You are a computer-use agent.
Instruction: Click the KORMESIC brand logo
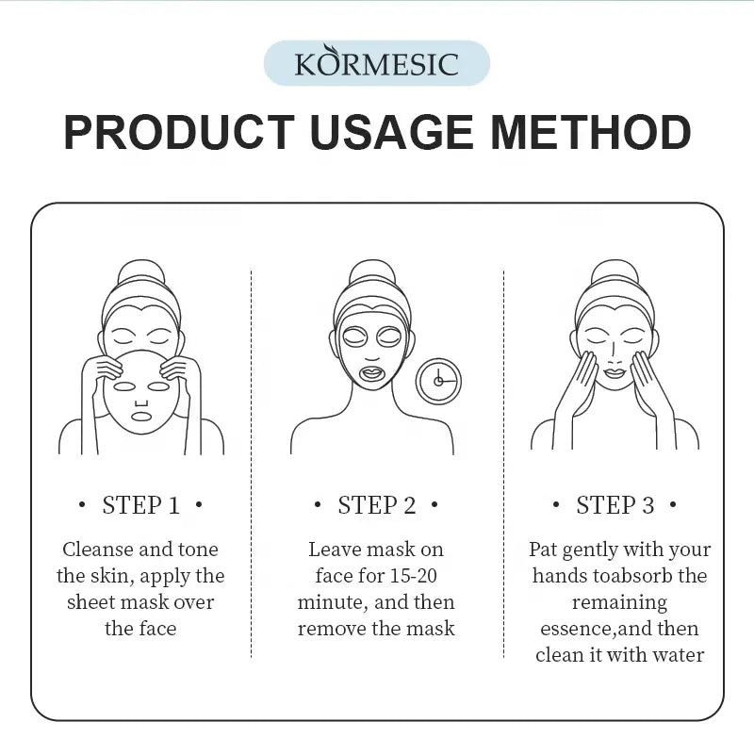tap(376, 64)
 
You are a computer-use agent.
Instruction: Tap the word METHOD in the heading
tap(590, 133)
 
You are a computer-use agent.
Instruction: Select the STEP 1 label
tap(140, 505)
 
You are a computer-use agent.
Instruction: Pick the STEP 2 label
tap(376, 505)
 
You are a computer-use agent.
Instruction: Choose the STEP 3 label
tap(615, 505)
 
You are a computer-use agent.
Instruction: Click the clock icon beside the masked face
tap(438, 381)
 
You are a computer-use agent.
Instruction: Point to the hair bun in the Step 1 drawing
tap(140, 273)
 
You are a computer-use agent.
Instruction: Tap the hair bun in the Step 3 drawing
tap(615, 273)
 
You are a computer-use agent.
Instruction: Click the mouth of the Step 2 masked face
tap(372, 372)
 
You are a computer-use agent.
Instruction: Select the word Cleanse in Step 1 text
tap(99, 550)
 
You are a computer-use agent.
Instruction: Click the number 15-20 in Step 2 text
tap(418, 576)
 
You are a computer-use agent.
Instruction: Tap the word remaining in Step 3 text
tap(619, 602)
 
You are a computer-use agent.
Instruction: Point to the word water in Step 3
tap(679, 655)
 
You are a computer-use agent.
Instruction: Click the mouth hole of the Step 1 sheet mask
tap(140, 416)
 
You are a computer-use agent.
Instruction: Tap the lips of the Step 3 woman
tap(615, 373)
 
